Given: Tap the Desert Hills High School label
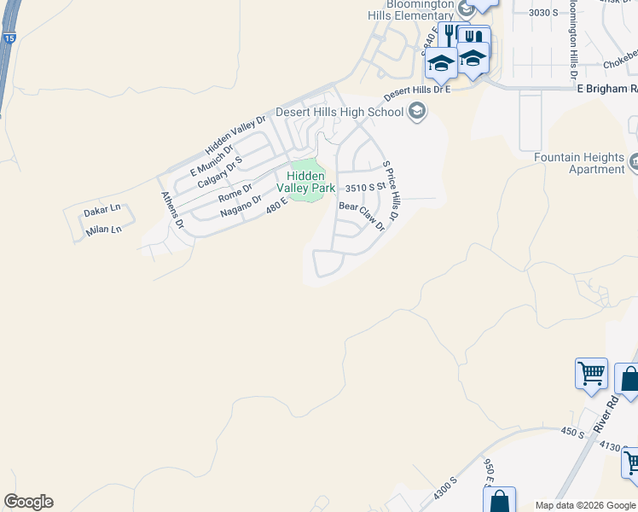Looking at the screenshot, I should tap(339, 112).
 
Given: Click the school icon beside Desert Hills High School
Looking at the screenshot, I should tap(417, 112).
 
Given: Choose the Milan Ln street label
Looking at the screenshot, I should tap(103, 230).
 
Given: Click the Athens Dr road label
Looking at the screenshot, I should tap(172, 210).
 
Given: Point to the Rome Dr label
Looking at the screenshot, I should tap(235, 189).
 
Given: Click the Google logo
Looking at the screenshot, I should tap(28, 502).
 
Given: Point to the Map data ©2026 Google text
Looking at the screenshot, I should tap(585, 505).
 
